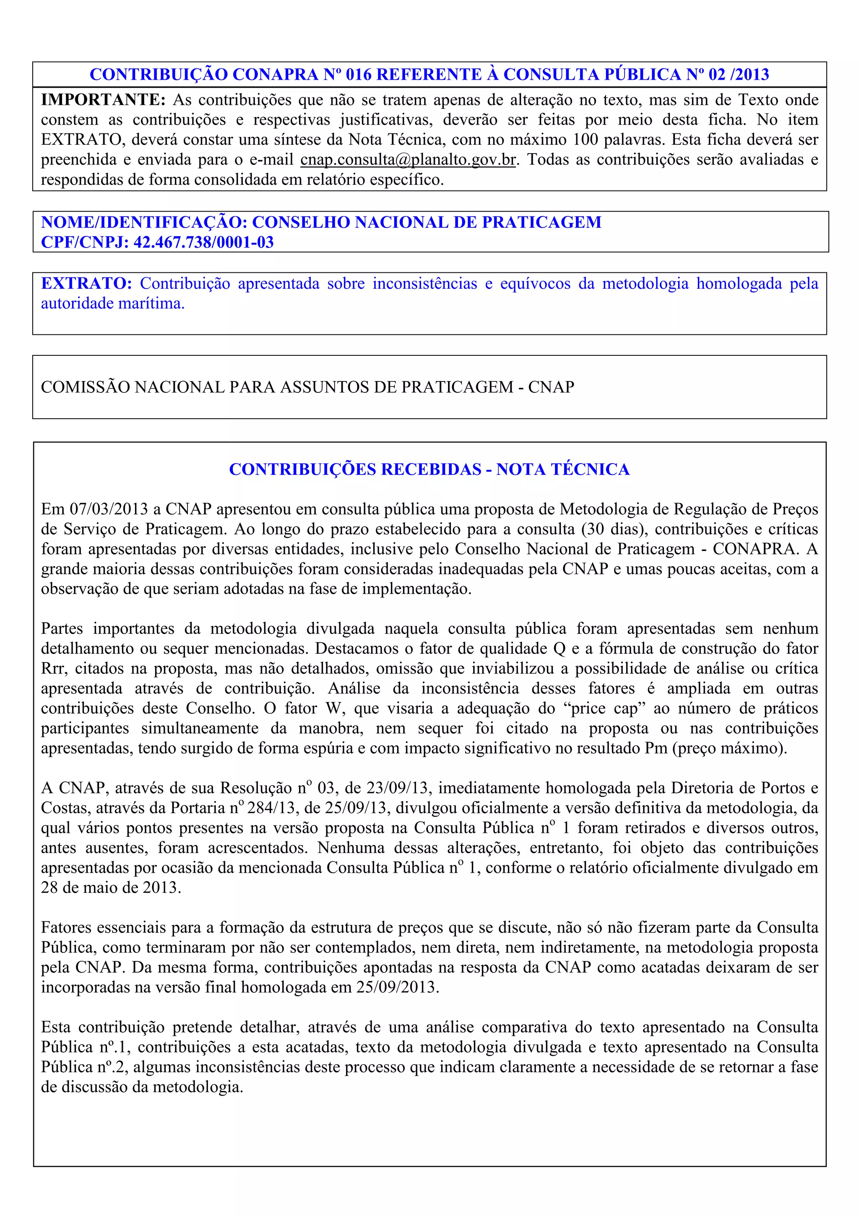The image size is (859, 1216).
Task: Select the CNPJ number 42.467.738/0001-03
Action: click(x=204, y=243)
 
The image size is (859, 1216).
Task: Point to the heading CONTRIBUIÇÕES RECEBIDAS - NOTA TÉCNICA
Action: click(x=429, y=469)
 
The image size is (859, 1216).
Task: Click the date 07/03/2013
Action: click(x=109, y=509)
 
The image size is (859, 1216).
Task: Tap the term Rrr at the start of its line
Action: click(x=53, y=669)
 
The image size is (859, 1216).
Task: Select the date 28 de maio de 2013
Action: click(x=111, y=887)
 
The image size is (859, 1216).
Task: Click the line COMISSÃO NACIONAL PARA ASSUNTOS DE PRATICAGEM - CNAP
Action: click(x=307, y=387)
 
